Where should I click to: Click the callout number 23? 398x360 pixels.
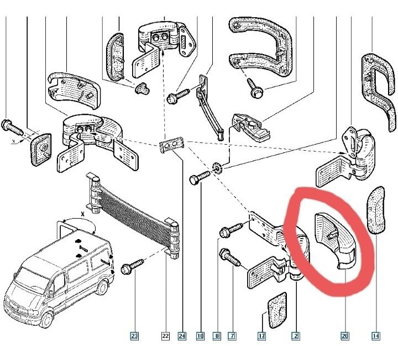click(134, 336)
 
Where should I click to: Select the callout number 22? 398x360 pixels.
click(165, 336)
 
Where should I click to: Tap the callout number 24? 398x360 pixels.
click(182, 336)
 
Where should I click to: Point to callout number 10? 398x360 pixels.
click(200, 336)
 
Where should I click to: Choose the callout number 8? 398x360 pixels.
click(217, 336)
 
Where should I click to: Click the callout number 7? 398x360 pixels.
click(232, 336)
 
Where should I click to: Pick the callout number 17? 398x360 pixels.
click(261, 336)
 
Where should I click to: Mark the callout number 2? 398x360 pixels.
click(296, 336)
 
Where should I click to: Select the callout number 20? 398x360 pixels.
click(344, 336)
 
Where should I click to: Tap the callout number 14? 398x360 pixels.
click(376, 336)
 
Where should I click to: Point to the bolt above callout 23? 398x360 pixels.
click(132, 266)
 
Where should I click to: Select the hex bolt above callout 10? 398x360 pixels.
click(200, 177)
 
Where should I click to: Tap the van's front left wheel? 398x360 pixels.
click(47, 320)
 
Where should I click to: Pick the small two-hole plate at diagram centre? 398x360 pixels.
click(171, 145)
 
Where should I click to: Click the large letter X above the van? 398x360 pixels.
click(82, 214)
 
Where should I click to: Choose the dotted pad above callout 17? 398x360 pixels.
click(277, 310)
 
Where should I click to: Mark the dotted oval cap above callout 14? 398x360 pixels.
click(376, 210)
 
